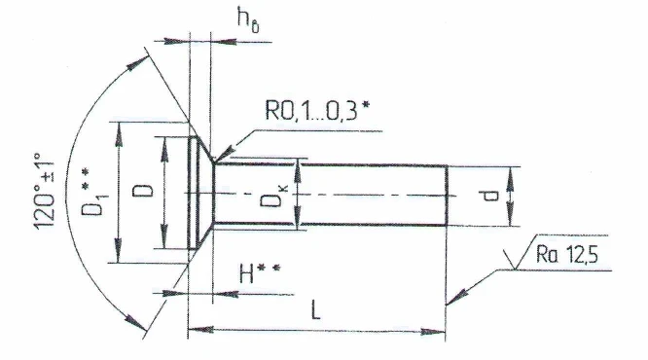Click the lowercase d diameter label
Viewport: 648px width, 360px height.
pos(493,196)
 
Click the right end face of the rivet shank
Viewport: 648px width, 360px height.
pos(448,196)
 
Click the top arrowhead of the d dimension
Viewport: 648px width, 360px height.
pos(513,171)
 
